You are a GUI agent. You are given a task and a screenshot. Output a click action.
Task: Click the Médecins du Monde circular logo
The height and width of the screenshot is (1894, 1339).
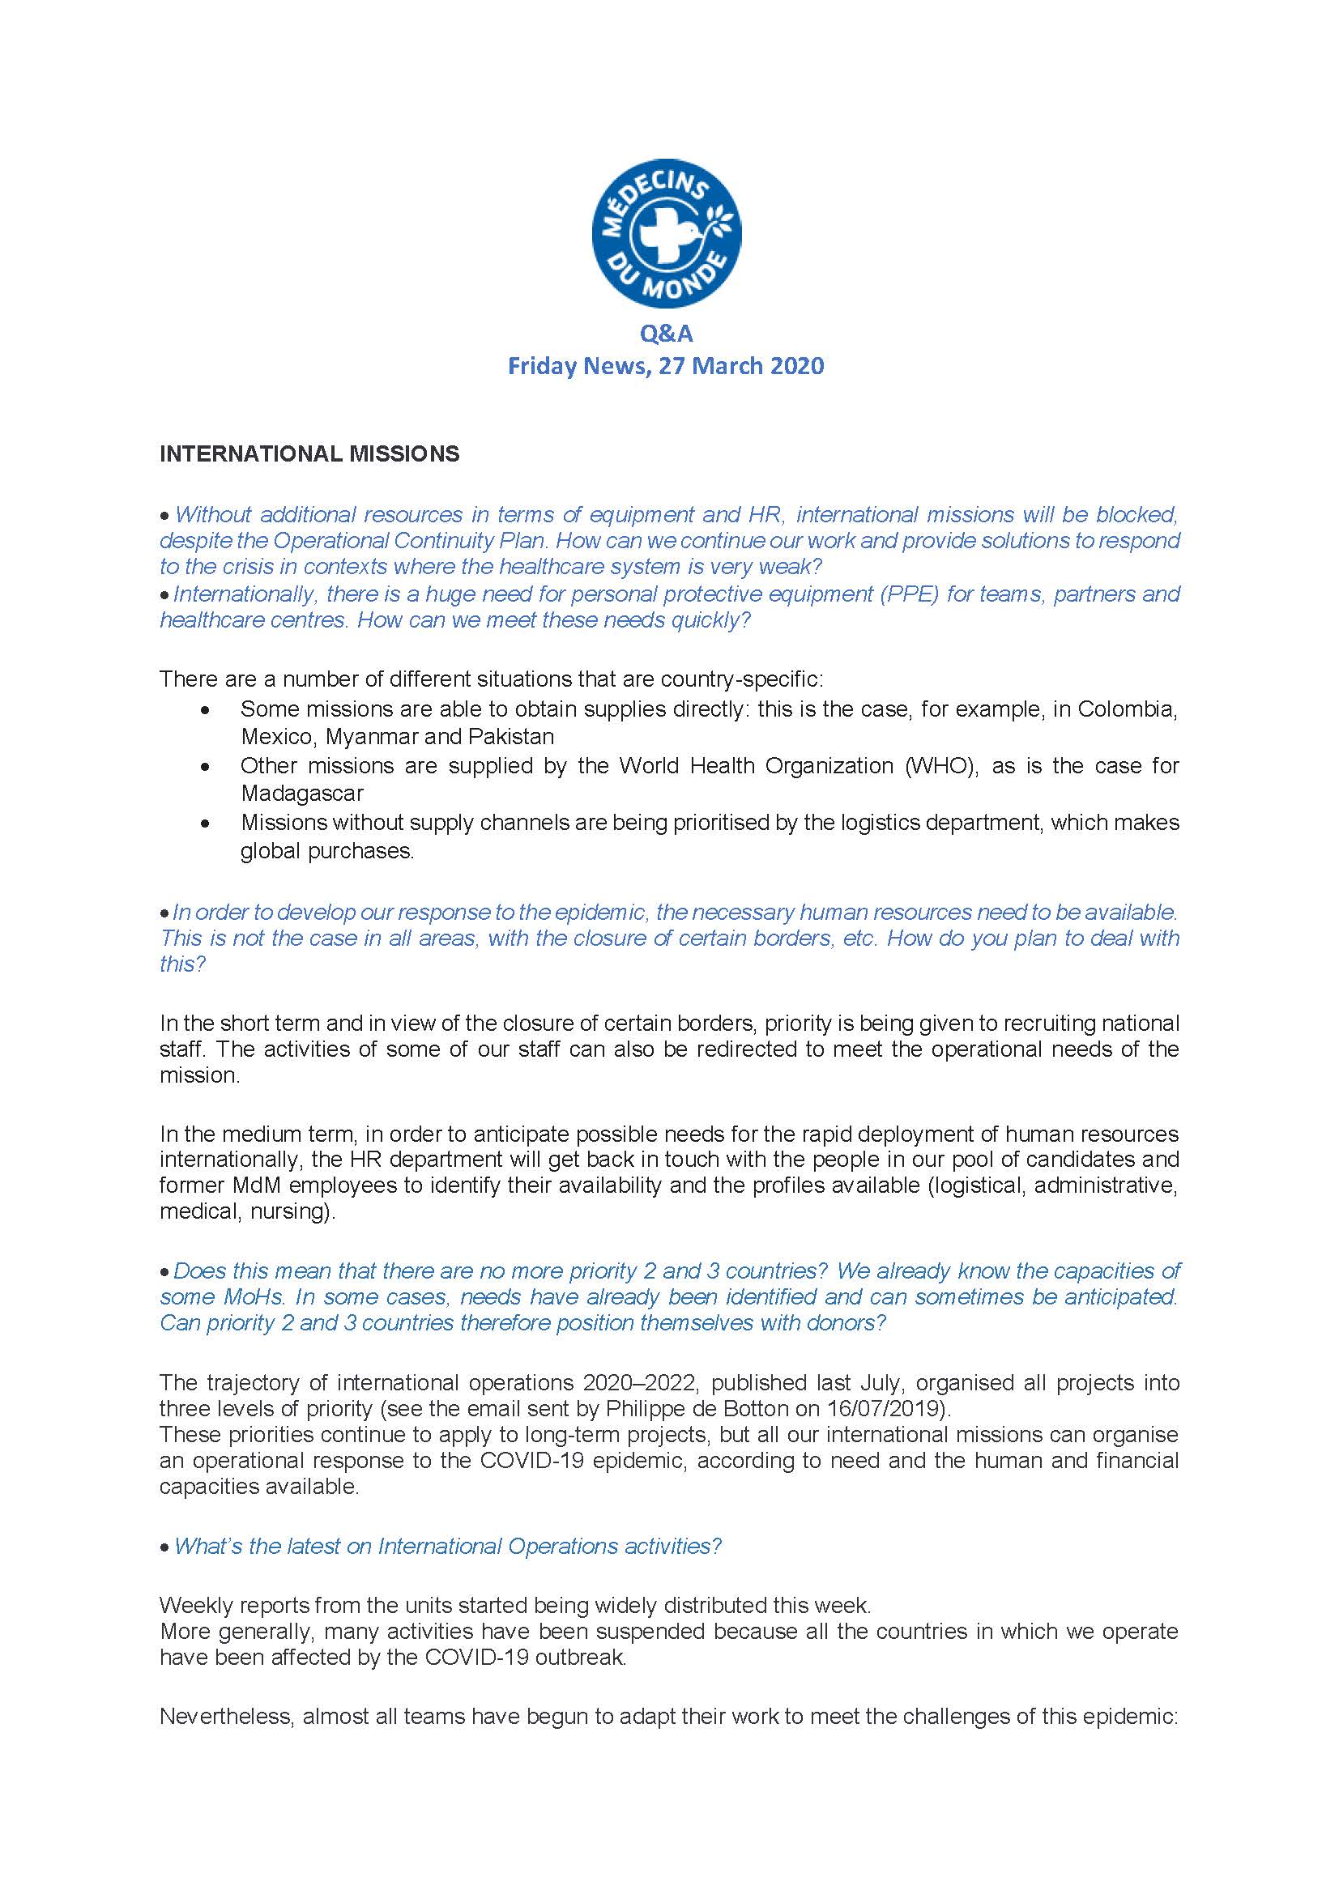click(x=666, y=233)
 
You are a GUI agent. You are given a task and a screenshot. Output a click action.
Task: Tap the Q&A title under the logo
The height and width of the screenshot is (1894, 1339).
click(x=666, y=334)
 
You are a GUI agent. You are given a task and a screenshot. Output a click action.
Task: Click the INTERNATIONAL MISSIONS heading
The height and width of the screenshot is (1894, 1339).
click(x=309, y=453)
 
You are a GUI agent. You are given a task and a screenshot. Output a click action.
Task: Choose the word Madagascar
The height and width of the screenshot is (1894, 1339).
click(x=302, y=794)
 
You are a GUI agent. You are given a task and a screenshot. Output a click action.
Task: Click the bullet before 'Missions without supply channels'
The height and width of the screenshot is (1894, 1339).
click(x=205, y=823)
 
